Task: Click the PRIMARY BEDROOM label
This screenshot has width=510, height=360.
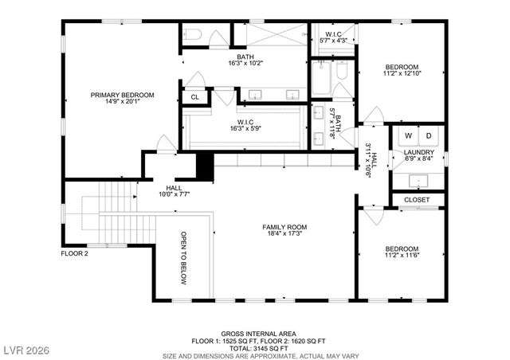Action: [122, 95]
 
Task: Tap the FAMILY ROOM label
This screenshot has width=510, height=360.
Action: [284, 227]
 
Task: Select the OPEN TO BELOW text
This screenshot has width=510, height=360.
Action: [183, 259]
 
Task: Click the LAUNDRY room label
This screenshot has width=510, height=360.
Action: [418, 152]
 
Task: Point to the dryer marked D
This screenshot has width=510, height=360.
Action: [426, 135]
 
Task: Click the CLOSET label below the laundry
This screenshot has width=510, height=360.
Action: [417, 199]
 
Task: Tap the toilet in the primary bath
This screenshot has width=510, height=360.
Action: [194, 34]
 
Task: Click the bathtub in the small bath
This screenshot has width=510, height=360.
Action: [321, 84]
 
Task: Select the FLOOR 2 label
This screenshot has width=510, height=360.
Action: [76, 254]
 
